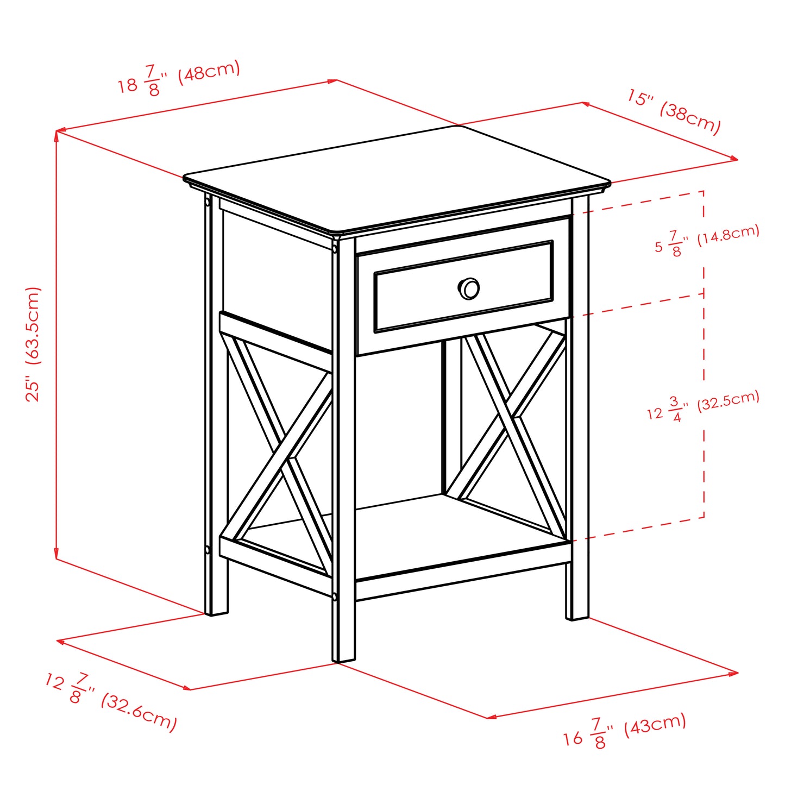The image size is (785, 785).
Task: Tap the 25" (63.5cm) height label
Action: pyautogui.click(x=34, y=344)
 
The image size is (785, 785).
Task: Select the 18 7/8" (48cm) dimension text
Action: pyautogui.click(x=179, y=79)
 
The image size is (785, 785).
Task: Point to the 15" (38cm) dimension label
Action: pyautogui.click(x=674, y=112)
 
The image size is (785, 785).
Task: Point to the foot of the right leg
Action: pyautogui.click(x=577, y=616)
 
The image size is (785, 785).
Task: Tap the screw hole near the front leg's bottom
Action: pyautogui.click(x=335, y=596)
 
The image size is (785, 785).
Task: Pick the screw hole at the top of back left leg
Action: pyautogui.click(x=208, y=202)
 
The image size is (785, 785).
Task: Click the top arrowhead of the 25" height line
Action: pyautogui.click(x=56, y=134)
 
